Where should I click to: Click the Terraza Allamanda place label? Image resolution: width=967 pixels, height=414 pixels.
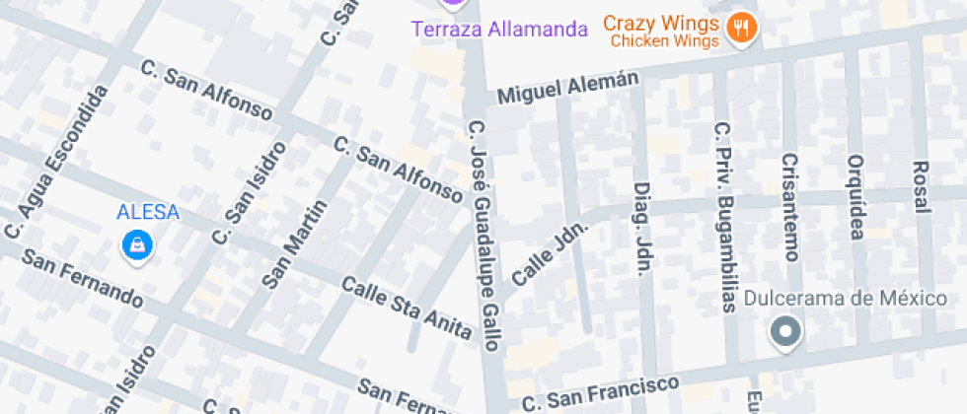tap(499, 29)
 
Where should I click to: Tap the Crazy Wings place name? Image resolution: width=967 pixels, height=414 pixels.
tap(658, 22)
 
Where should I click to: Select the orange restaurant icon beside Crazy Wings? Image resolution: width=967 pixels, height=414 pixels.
tap(740, 30)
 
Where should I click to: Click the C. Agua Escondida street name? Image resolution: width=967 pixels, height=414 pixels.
tap(56, 162)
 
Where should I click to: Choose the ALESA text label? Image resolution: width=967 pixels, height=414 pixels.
tap(148, 211)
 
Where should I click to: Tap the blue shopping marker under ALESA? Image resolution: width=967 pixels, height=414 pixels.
tap(136, 245)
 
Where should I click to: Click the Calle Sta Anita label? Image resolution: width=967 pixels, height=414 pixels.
tap(407, 309)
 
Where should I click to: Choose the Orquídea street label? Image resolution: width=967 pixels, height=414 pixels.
tap(855, 197)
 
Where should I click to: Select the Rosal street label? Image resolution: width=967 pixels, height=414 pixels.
tap(921, 186)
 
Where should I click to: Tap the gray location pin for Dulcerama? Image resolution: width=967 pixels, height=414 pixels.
tap(786, 333)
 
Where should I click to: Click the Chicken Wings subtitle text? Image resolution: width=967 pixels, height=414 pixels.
tap(668, 41)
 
